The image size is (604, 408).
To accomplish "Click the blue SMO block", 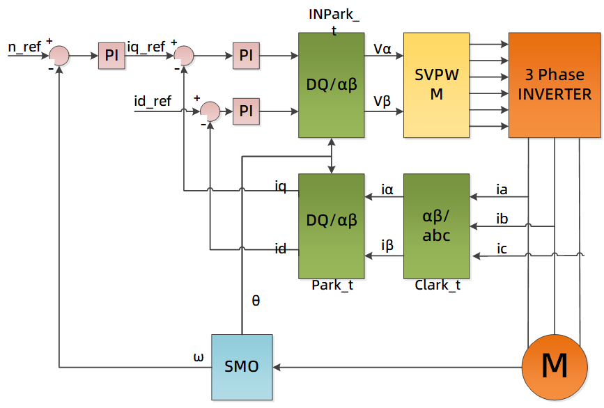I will (x=242, y=367).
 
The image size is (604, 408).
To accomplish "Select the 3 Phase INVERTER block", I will (x=554, y=85).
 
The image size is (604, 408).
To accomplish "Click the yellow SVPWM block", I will (x=436, y=85).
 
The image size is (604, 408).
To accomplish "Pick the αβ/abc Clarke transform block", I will (x=436, y=226).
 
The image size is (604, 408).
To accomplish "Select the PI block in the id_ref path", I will (x=245, y=110).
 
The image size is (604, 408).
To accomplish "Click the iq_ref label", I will (x=146, y=47).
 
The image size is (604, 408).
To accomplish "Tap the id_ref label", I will (x=152, y=102).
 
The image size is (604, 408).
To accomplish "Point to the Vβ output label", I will (x=382, y=102).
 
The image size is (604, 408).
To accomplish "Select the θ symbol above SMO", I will (x=255, y=301).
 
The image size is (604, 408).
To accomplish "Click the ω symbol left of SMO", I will (x=199, y=357).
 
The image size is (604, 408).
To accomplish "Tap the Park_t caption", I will (x=331, y=285).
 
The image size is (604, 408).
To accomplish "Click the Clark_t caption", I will (x=437, y=285).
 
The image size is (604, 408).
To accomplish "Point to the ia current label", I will (x=502, y=189).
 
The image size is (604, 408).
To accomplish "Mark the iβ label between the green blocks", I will (x=387, y=245).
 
